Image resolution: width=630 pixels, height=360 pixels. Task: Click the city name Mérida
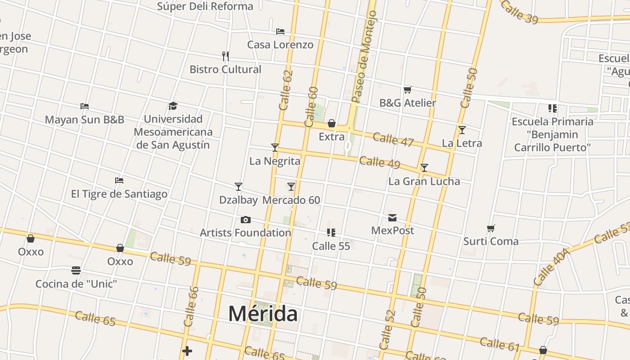(263, 313)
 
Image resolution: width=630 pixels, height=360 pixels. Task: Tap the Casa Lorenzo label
(280, 45)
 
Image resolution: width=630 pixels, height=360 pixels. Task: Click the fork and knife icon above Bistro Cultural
(225, 56)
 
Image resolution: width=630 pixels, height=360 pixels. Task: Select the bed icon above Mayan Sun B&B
(85, 106)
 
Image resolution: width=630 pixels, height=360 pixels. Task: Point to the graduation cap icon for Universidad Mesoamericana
(173, 106)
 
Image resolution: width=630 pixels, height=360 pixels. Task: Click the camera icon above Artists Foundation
(245, 220)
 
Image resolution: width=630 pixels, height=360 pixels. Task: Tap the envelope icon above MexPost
(392, 218)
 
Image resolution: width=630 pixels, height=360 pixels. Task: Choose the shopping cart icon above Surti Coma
(491, 228)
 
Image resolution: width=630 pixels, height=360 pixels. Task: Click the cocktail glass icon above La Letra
(462, 130)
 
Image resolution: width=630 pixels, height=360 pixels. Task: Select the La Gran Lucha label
(424, 181)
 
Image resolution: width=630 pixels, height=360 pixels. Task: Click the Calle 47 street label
(393, 139)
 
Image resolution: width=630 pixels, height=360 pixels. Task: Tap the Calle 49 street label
(379, 162)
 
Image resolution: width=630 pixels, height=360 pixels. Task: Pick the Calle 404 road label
(552, 267)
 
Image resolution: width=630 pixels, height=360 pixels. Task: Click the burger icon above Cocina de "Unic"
(76, 270)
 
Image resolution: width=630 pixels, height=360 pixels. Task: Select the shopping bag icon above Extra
(332, 123)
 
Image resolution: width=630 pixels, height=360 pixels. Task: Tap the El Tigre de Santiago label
(119, 194)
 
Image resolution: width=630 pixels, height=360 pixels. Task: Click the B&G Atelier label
(408, 103)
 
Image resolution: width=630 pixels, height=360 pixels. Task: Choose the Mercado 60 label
(291, 200)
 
